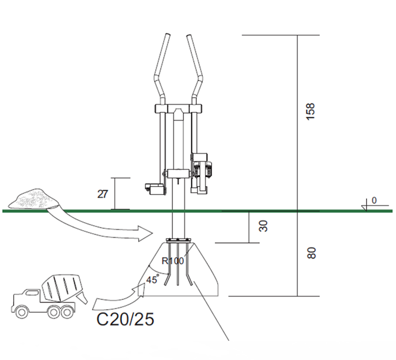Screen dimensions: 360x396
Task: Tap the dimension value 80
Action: pyautogui.click(x=310, y=253)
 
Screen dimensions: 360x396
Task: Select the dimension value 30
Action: pyautogui.click(x=264, y=226)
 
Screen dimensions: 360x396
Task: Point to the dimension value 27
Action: pyautogui.click(x=102, y=193)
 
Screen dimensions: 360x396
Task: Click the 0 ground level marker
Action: pyautogui.click(x=374, y=200)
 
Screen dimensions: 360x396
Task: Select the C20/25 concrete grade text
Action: pyautogui.click(x=125, y=318)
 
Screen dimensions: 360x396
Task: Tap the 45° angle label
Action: pyautogui.click(x=151, y=280)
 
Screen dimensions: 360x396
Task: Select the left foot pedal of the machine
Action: pyautogui.click(x=154, y=188)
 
